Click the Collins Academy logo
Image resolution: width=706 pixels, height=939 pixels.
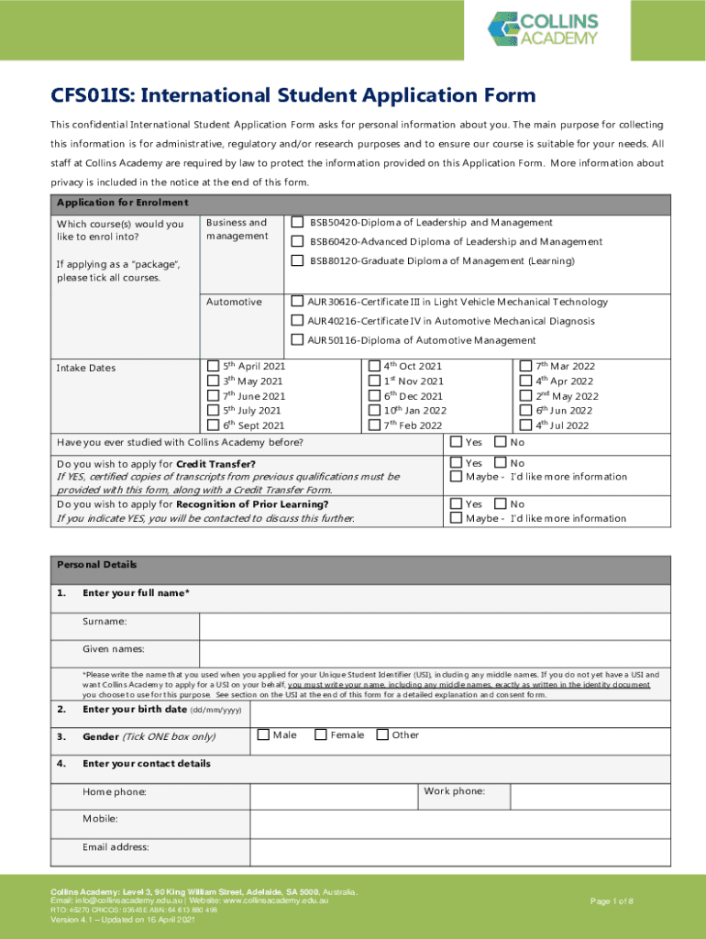pyautogui.click(x=543, y=29)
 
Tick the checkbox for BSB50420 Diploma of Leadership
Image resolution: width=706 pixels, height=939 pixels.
pyautogui.click(x=297, y=222)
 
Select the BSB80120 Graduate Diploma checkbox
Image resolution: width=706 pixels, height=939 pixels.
pyautogui.click(x=297, y=260)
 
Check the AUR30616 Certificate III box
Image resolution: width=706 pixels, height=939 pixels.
pyautogui.click(x=297, y=302)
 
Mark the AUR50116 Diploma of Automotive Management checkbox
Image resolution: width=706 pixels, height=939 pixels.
pyautogui.click(x=297, y=339)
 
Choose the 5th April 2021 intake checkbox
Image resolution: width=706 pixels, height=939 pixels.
pyautogui.click(x=214, y=366)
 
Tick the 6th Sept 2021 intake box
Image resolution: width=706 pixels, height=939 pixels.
pyautogui.click(x=214, y=425)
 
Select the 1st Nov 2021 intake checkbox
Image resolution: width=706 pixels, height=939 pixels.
pyautogui.click(x=373, y=381)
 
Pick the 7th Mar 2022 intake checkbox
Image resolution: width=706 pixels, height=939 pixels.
pyautogui.click(x=525, y=366)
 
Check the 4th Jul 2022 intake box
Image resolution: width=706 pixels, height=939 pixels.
pyautogui.click(x=525, y=424)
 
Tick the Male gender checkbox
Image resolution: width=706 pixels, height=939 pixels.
pyautogui.click(x=263, y=735)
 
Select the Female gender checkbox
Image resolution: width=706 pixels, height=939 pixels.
pyautogui.click(x=321, y=735)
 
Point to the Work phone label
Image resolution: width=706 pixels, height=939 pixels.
pyautogui.click(x=454, y=790)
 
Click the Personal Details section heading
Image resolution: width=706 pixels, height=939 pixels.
pyautogui.click(x=97, y=565)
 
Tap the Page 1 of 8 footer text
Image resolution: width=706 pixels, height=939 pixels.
pyautogui.click(x=612, y=901)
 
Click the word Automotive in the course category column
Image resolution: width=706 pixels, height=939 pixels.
pyautogui.click(x=234, y=302)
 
